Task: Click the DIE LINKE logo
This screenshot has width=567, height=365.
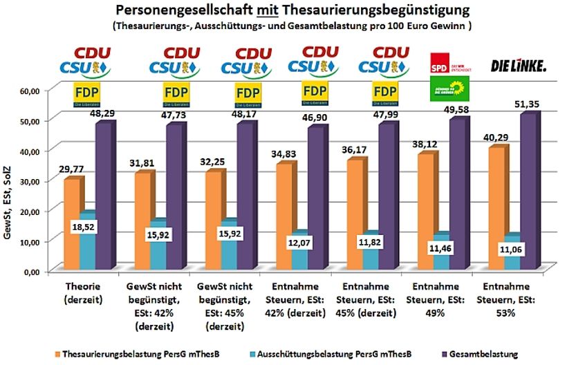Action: pyautogui.click(x=518, y=66)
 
